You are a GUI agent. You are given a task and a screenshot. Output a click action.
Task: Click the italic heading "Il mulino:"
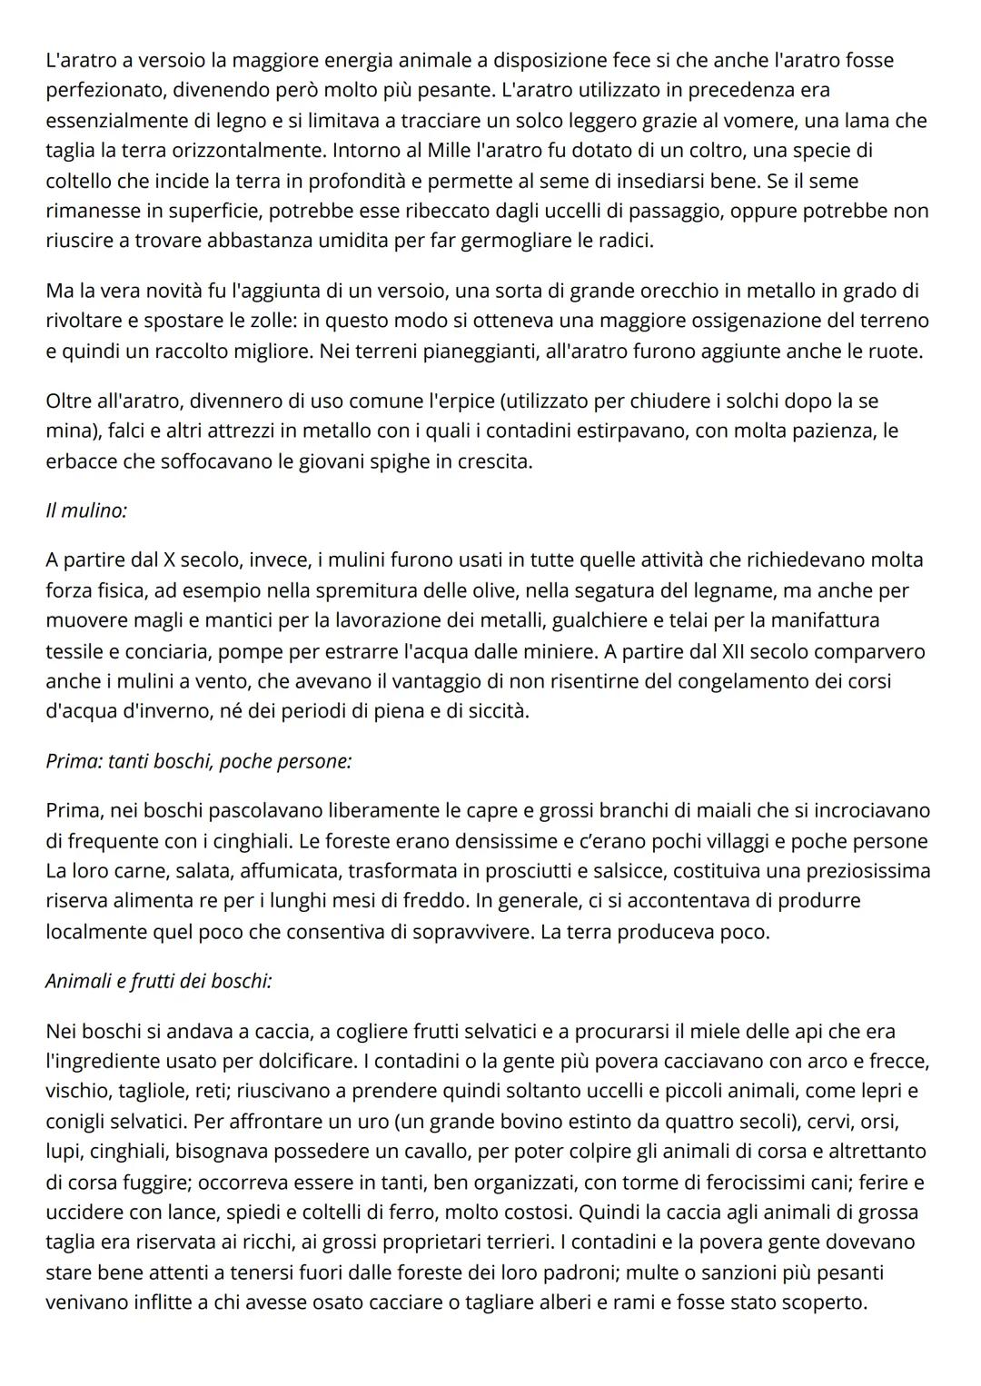(x=86, y=510)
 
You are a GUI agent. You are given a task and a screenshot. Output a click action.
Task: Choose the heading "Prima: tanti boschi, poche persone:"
(x=199, y=761)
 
